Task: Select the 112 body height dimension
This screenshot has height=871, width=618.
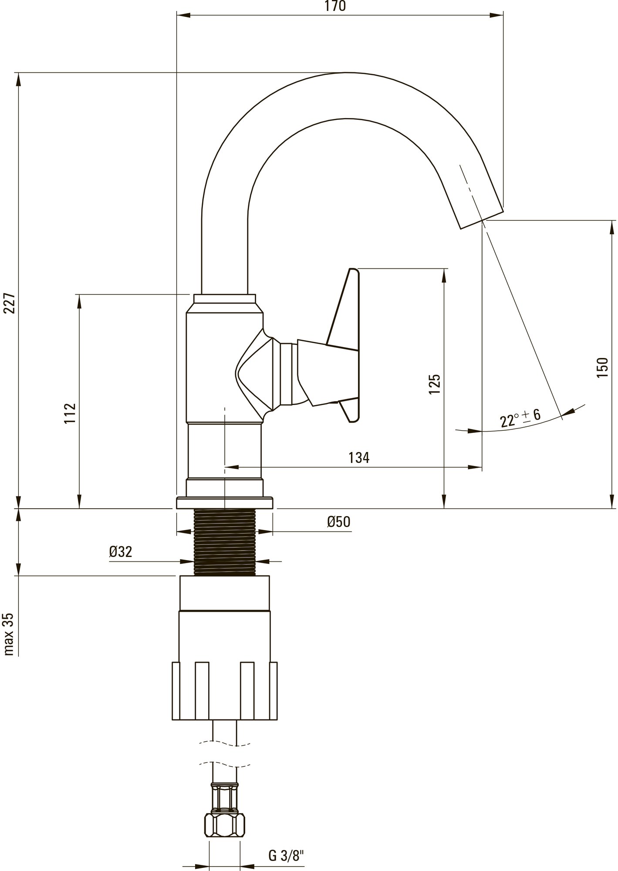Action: pos(70,414)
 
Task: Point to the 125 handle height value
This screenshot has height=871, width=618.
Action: pos(435,384)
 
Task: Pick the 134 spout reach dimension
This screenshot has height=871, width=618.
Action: pos(358,458)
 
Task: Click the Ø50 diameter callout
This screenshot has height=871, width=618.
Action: pos(339,522)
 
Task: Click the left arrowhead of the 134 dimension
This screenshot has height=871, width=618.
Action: pos(232,467)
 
